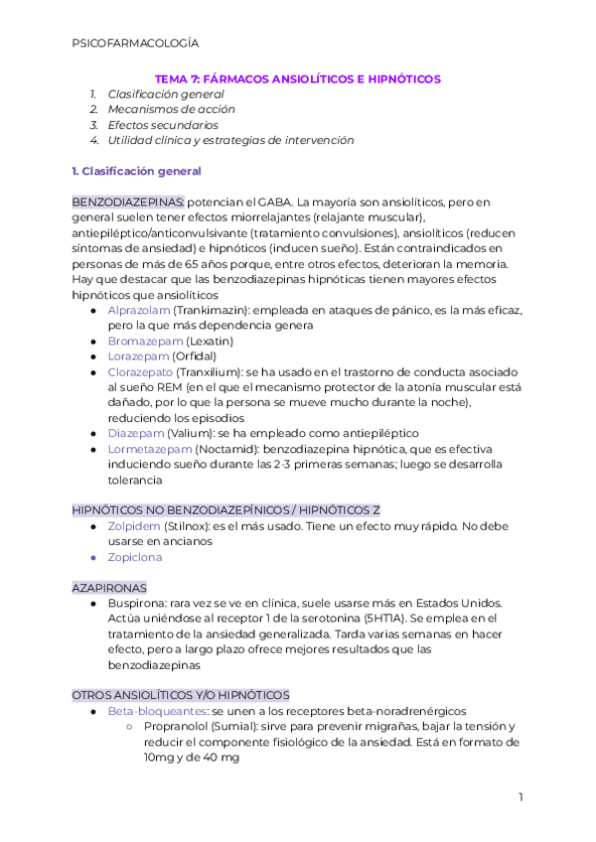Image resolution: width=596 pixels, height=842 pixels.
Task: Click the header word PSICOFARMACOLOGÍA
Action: pos(136,43)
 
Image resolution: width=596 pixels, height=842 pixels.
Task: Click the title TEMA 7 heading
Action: pos(297,78)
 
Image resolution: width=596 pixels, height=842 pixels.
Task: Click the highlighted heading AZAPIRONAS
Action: pos(109,588)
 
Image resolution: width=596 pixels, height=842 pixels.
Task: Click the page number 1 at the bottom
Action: pos(520,797)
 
